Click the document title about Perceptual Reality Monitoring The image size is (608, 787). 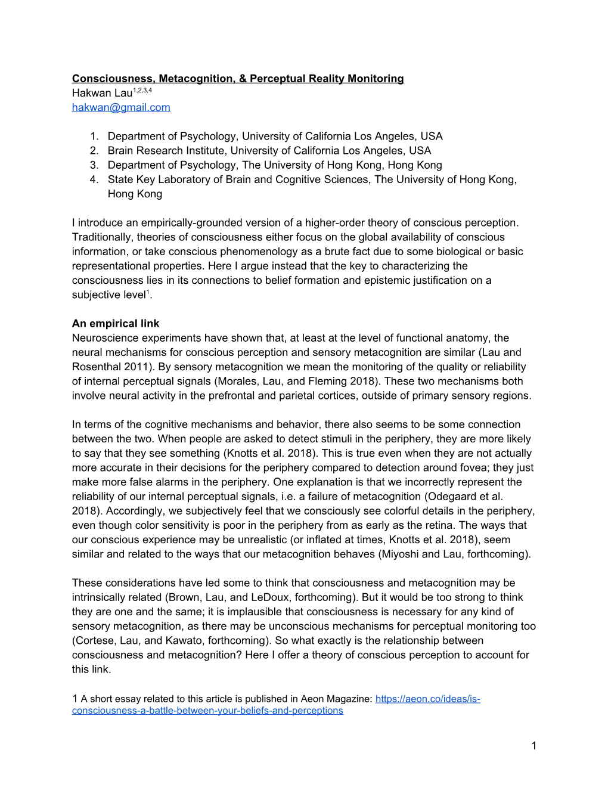coord(238,79)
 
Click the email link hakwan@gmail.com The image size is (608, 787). coord(121,107)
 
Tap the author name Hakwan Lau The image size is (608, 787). coord(102,93)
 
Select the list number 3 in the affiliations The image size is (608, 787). coord(94,165)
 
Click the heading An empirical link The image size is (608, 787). coord(116,324)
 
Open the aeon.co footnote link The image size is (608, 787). coord(427,699)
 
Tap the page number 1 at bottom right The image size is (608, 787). coord(533,745)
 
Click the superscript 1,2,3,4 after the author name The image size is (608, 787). coord(142,90)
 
